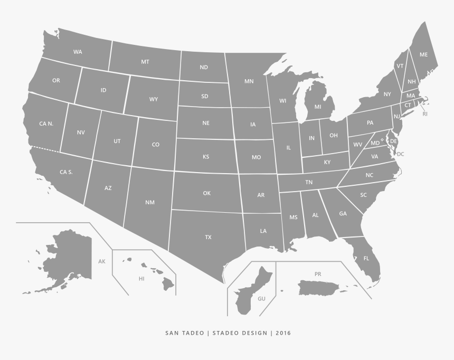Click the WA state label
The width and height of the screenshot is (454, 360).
click(78, 52)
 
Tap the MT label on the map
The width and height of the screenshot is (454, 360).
click(145, 62)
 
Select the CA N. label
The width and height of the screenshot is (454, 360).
click(46, 124)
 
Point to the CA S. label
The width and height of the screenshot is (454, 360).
click(66, 172)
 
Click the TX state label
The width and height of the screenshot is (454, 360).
click(208, 237)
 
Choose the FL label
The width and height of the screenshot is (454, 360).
click(366, 258)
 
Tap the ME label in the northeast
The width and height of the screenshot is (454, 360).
click(423, 54)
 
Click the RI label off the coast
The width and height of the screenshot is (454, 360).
click(425, 113)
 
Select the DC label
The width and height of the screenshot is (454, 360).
click(400, 154)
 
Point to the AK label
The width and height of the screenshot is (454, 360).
click(102, 261)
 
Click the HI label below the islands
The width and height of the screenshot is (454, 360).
click(141, 278)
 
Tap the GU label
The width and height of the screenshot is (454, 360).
click(261, 299)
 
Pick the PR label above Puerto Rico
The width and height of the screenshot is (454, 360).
click(318, 274)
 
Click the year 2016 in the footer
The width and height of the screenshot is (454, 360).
click(282, 333)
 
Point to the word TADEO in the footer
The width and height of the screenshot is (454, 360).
click(194, 333)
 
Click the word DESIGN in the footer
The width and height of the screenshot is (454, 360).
click(253, 333)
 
